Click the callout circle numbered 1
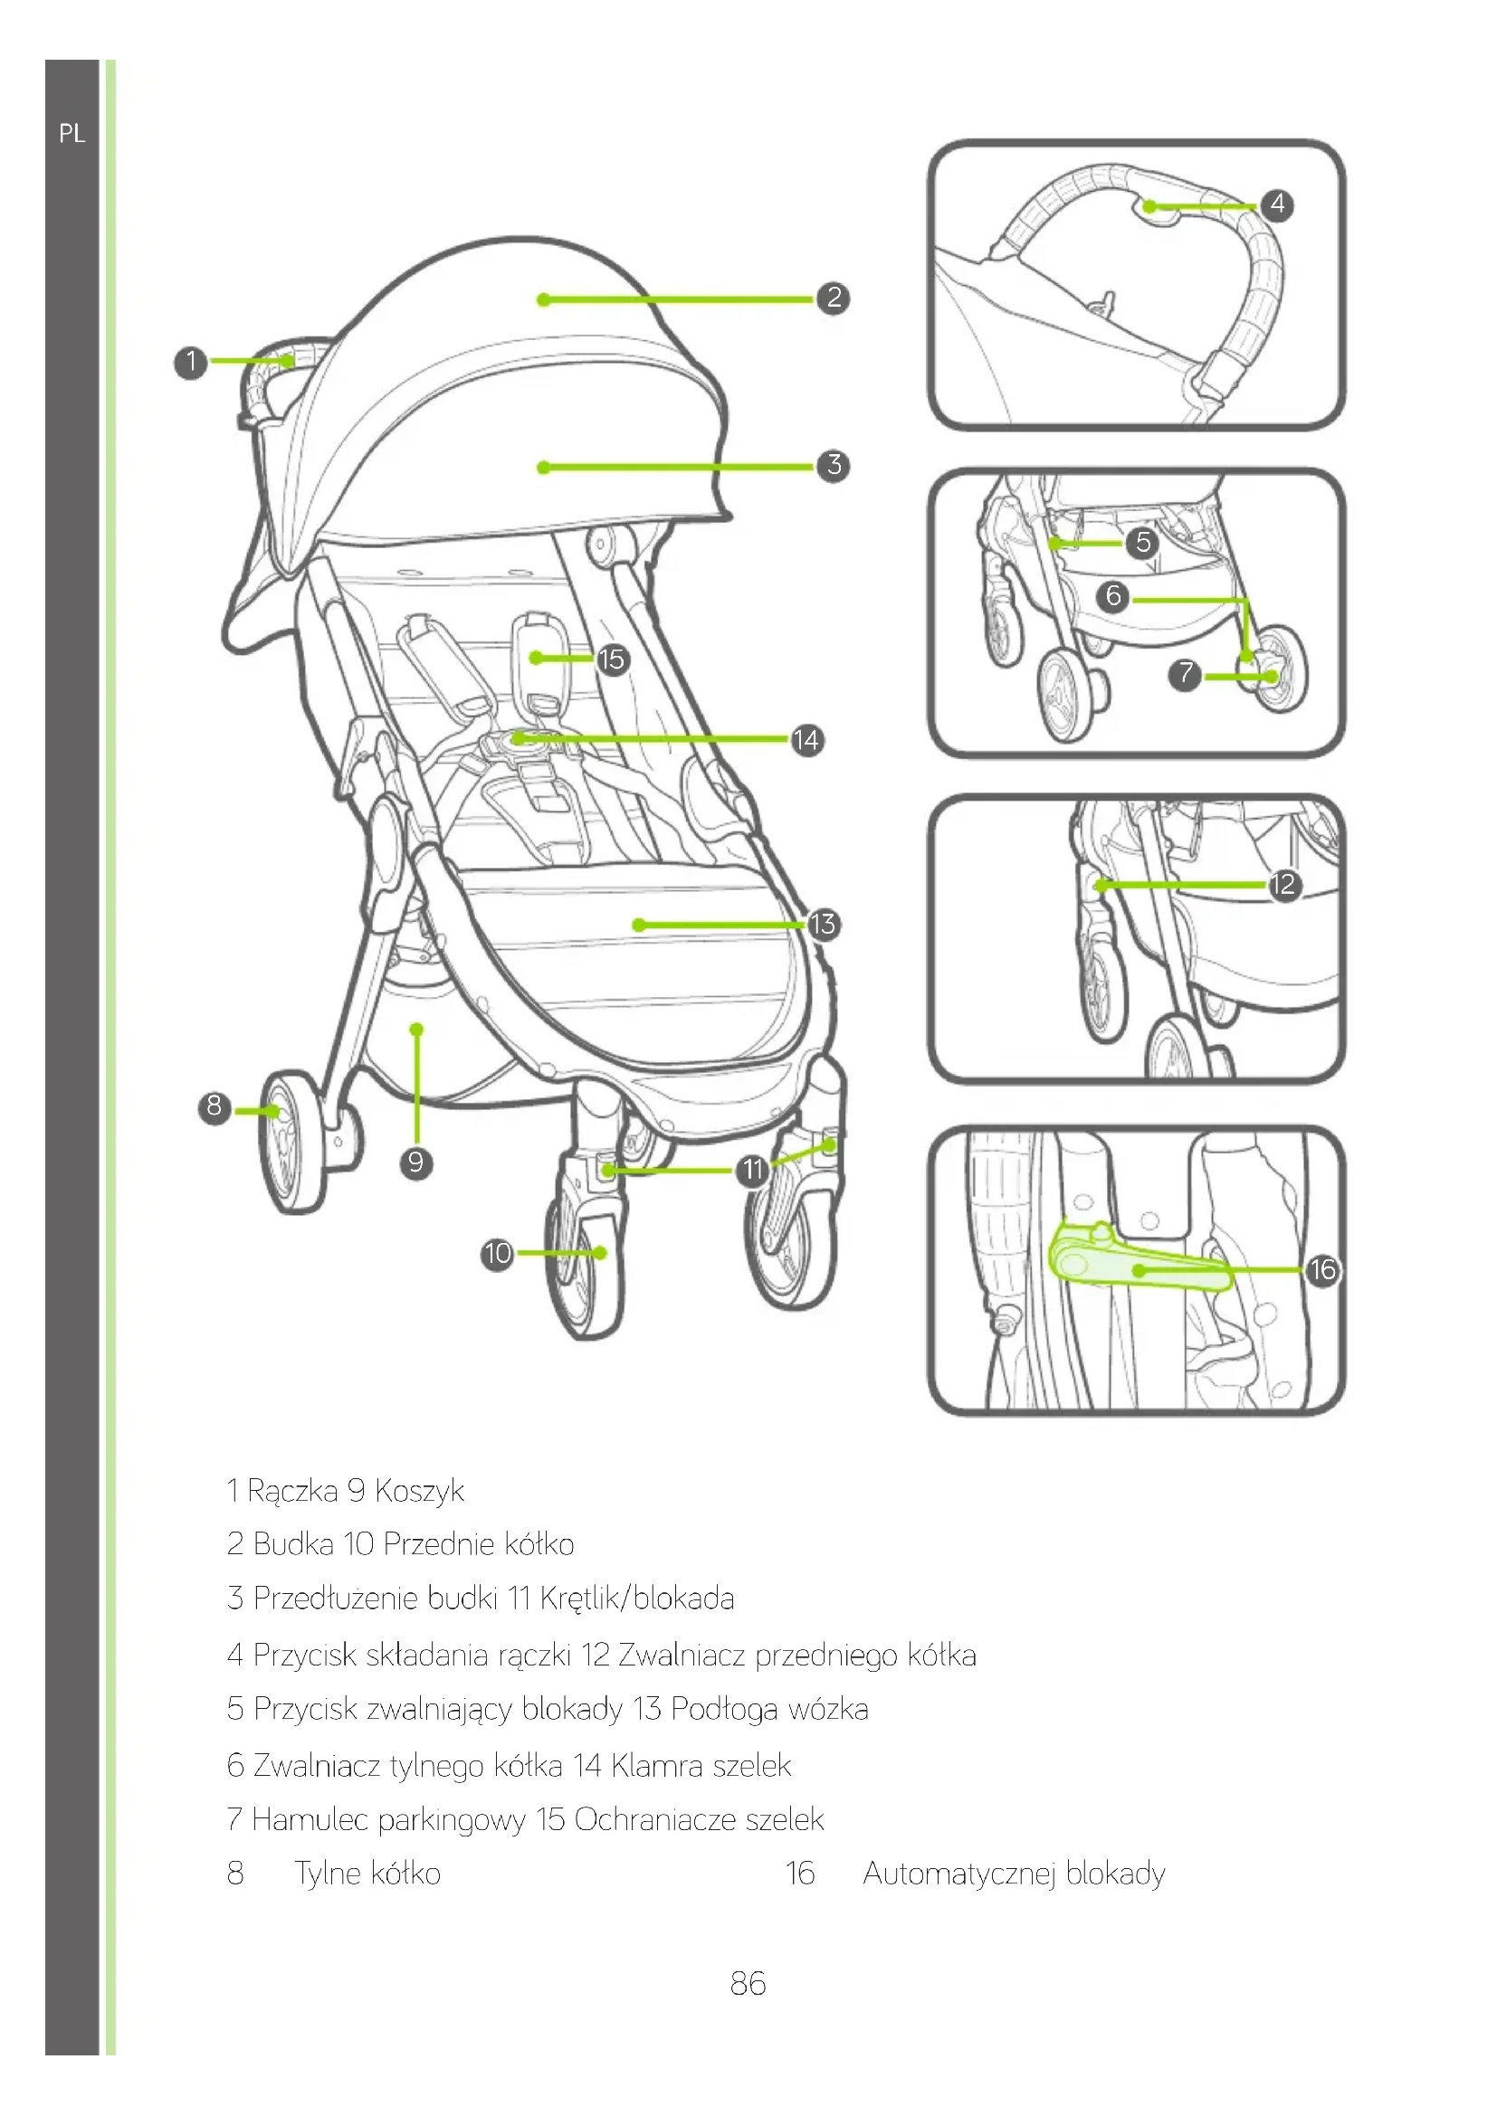191,361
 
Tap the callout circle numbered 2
834,298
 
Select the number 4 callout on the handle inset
1277,204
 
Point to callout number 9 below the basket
415,1162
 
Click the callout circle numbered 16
1323,1270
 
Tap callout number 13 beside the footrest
822,924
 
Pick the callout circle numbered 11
753,1171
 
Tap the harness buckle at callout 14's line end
520,738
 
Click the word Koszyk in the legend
418,1490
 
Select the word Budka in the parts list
293,1543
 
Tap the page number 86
748,1984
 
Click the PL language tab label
72,135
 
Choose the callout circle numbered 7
1186,675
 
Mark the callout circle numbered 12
1283,885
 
